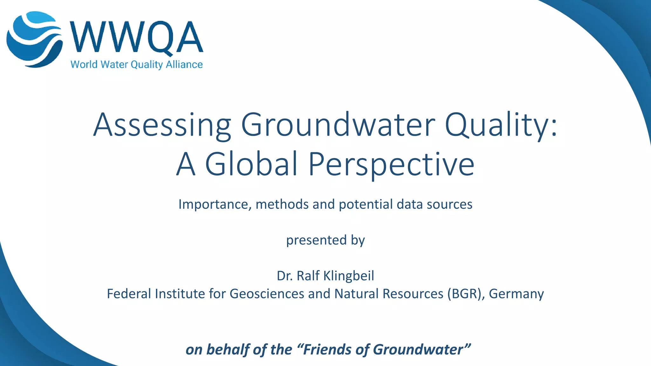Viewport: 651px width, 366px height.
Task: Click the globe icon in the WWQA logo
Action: point(34,39)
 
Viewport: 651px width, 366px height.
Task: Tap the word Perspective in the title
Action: point(391,164)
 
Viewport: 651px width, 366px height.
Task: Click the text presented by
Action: point(325,240)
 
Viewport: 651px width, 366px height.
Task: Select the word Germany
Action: point(516,294)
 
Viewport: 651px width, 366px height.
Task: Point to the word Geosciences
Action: point(267,294)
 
